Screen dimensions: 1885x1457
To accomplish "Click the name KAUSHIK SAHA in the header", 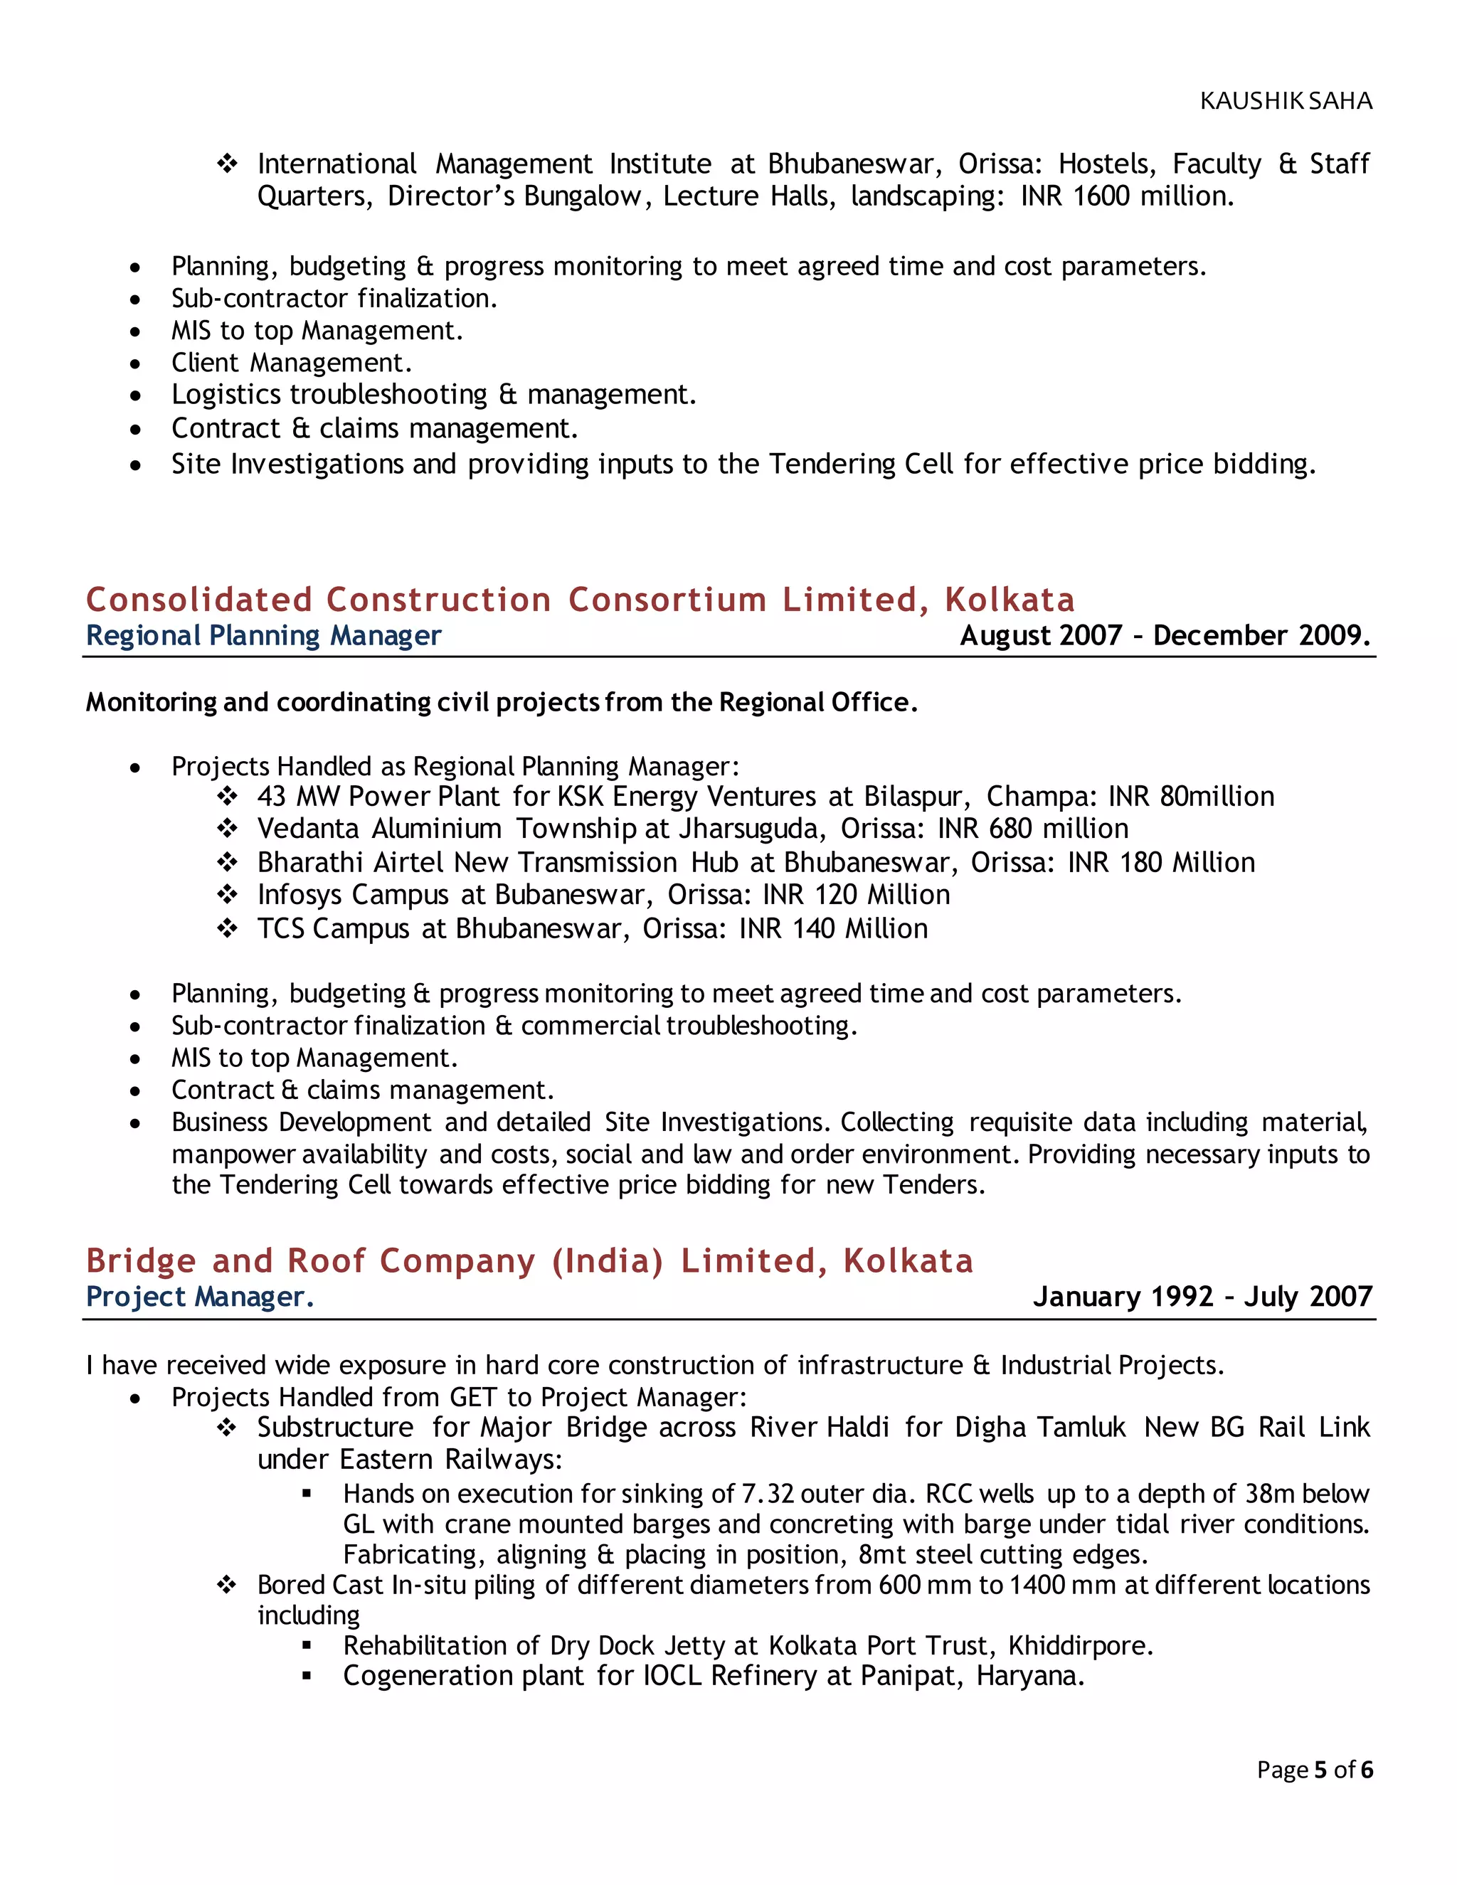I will point(1286,101).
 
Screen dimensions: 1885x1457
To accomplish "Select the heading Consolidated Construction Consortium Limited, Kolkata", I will point(580,599).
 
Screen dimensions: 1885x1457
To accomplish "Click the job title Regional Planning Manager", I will point(263,635).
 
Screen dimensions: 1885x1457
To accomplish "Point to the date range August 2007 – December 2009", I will point(1165,635).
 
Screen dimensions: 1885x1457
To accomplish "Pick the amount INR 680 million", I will point(1032,829).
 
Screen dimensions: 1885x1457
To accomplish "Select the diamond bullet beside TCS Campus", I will point(227,929).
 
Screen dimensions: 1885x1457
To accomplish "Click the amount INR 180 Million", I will point(1161,862).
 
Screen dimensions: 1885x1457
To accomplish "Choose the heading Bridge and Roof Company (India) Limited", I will point(529,1261).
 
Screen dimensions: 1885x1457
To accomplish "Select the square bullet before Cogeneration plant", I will point(307,1676).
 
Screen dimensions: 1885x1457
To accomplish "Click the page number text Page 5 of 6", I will point(1314,1769).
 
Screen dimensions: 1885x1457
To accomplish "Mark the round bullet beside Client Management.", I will point(135,363).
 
